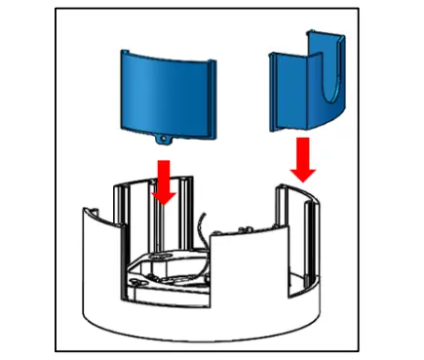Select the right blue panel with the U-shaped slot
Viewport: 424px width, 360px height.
(x=307, y=88)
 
